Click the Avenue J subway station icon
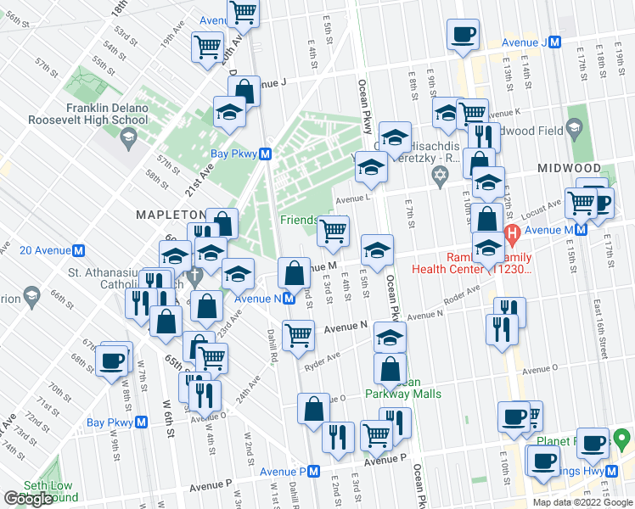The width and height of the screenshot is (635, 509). point(554,42)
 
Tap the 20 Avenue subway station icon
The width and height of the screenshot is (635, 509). point(79,250)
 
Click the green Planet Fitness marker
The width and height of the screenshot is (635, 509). point(622,439)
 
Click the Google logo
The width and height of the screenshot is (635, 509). point(29,499)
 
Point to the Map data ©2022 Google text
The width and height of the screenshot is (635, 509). point(582,502)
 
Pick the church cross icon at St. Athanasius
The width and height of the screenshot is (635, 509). point(194,275)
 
